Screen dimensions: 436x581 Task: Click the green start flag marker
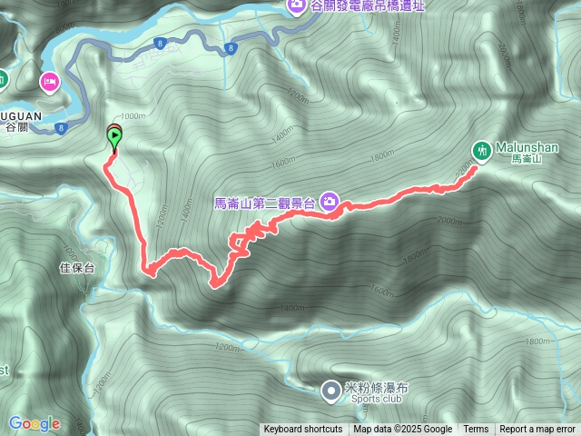click(x=114, y=138)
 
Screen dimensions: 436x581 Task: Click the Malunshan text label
click(x=527, y=146)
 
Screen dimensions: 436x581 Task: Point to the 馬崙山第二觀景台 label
click(x=266, y=203)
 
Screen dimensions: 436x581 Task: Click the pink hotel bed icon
click(x=49, y=83)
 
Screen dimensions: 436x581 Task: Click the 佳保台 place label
click(x=77, y=268)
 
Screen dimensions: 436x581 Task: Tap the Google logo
click(x=34, y=423)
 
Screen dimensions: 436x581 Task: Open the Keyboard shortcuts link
click(x=302, y=430)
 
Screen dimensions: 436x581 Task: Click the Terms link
click(x=476, y=430)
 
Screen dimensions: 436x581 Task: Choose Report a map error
click(x=537, y=430)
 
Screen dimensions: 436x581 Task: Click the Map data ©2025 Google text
click(x=403, y=430)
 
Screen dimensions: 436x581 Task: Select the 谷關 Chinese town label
click(x=17, y=128)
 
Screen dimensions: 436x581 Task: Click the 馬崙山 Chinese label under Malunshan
click(x=527, y=159)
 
